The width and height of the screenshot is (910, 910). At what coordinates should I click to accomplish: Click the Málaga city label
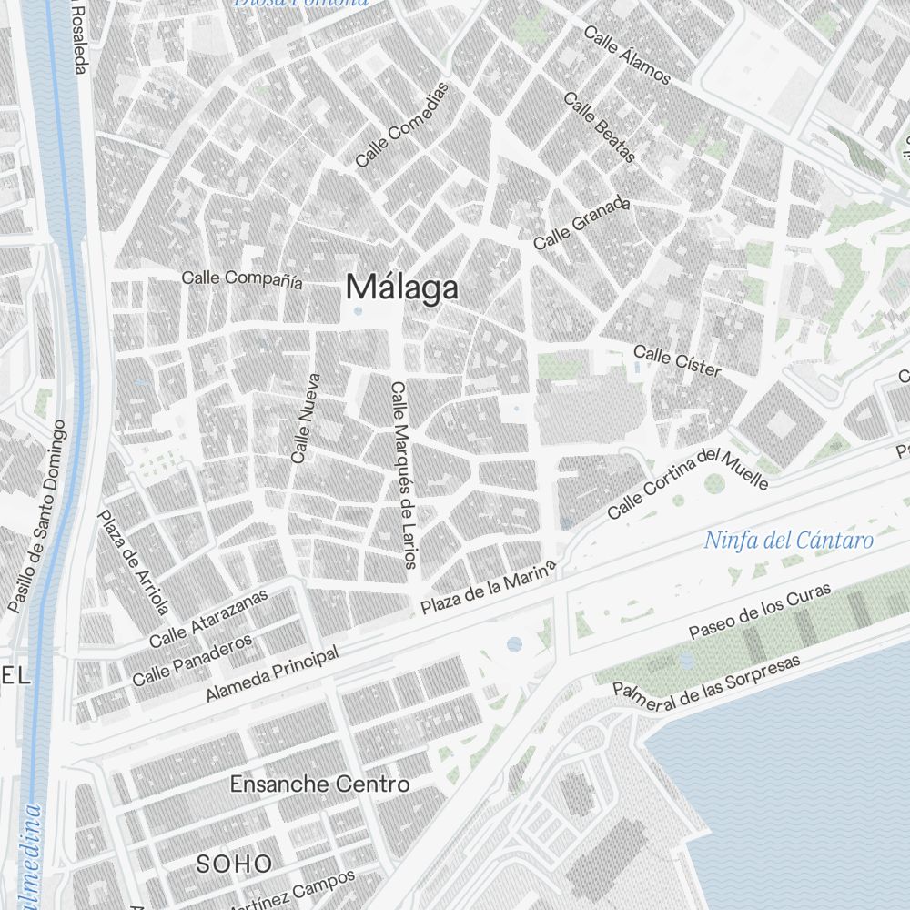coord(401,288)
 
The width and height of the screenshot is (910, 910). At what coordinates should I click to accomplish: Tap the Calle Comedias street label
coord(403,125)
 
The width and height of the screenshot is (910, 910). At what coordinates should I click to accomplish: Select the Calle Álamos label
coord(627,56)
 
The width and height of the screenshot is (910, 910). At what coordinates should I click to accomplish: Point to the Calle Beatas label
coord(600,127)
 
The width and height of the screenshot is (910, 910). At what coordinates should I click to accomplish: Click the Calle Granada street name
coord(581,224)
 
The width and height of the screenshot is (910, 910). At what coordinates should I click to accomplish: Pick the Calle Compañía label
coord(242,278)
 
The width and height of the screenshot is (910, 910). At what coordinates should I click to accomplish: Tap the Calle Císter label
coord(677,360)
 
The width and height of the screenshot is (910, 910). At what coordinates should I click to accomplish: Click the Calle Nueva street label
coord(306,419)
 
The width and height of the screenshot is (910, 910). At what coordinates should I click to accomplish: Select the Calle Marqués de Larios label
coord(402,475)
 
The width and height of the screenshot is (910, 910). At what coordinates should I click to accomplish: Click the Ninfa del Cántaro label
coord(789,541)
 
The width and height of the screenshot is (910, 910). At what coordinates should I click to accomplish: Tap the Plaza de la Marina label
coord(488,591)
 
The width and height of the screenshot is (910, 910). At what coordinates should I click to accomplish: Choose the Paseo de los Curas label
coord(760,611)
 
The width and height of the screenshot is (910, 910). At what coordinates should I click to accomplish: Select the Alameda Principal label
coord(272,673)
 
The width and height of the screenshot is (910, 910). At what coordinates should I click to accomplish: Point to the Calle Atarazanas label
coord(209,618)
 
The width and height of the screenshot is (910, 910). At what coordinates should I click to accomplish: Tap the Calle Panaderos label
coord(192,661)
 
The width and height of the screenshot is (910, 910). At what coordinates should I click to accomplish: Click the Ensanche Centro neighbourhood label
coord(319,784)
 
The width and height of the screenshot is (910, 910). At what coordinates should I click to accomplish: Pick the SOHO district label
coord(234,863)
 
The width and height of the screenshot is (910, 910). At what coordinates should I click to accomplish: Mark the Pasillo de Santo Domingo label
coord(37,516)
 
